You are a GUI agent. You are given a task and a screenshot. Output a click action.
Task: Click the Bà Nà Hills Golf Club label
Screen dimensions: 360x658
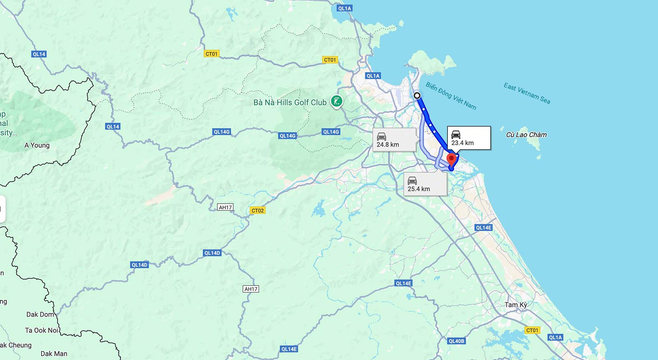click(290, 102)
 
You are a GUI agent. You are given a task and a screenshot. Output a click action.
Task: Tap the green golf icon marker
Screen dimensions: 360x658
click(337, 101)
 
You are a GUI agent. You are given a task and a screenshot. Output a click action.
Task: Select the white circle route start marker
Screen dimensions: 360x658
click(417, 95)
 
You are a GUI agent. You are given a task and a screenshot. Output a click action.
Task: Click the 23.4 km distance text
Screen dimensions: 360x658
click(463, 143)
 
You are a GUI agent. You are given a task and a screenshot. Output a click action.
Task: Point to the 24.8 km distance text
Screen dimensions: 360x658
click(388, 145)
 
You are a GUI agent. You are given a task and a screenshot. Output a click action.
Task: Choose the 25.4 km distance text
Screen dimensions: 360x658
click(419, 189)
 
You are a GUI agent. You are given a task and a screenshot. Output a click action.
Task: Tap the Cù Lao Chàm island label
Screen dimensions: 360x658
click(526, 135)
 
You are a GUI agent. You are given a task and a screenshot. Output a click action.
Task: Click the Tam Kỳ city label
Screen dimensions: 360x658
click(516, 305)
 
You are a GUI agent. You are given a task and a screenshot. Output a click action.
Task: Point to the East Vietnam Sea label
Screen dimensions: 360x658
click(527, 93)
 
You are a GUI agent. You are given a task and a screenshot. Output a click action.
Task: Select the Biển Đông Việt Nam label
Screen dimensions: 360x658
click(451, 96)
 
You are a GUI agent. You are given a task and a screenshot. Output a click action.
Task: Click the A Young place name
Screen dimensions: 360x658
click(37, 145)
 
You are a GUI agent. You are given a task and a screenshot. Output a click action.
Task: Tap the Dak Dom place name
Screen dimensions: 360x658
click(40, 314)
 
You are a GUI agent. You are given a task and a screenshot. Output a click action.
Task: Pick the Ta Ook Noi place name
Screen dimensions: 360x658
click(42, 330)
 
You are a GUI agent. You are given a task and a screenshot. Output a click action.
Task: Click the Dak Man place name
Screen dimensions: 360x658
click(54, 353)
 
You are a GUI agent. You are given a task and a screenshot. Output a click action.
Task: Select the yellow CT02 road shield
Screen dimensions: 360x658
click(257, 211)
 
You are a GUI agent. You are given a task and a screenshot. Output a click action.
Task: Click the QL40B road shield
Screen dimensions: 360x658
click(456, 341)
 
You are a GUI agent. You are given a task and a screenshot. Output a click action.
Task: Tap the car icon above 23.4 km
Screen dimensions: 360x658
click(456, 135)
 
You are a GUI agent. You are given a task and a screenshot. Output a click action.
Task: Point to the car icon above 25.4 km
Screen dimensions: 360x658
click(412, 180)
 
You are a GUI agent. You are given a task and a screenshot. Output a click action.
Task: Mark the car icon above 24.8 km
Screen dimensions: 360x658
click(381, 136)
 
